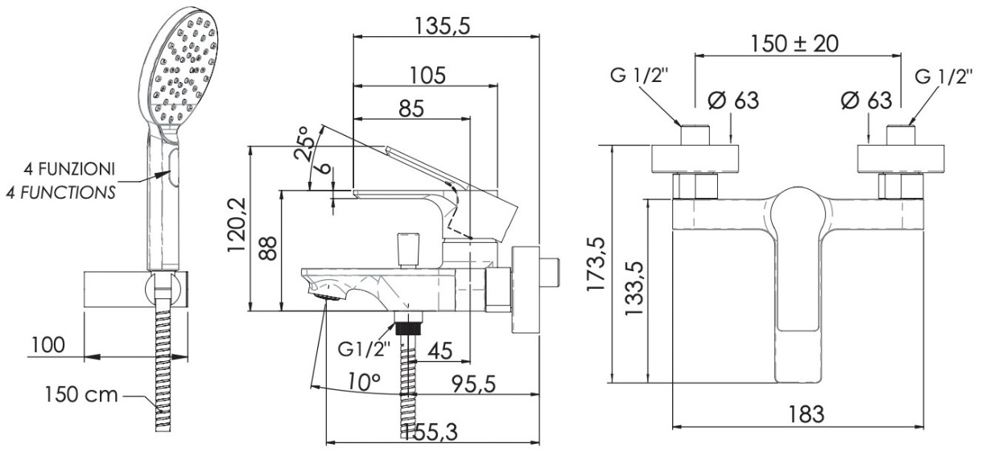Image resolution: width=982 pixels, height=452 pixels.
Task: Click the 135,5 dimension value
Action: [443, 27]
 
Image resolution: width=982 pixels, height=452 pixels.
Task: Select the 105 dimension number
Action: [427, 76]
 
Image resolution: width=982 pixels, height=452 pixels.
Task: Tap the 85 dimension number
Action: [411, 109]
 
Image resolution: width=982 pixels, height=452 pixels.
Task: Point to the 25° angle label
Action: [304, 143]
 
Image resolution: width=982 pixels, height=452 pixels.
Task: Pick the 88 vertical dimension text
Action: [267, 249]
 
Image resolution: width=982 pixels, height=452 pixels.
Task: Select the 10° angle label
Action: [365, 382]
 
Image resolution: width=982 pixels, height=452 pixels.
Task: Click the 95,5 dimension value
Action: [474, 384]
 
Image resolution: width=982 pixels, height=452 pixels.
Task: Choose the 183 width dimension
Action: [807, 414]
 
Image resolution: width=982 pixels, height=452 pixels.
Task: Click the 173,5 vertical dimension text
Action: [596, 264]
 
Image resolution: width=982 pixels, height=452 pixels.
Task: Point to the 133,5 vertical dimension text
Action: [633, 288]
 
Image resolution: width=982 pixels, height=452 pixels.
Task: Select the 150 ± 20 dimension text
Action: [794, 43]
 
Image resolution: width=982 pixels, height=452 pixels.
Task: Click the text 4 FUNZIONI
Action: [69, 169]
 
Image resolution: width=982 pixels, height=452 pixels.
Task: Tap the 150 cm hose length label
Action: [81, 395]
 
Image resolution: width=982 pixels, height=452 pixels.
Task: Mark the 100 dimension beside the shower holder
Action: [47, 345]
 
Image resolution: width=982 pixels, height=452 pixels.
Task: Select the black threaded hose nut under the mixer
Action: [409, 329]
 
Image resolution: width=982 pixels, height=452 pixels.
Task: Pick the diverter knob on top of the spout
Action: [408, 250]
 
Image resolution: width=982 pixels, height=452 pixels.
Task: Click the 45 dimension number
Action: [439, 351]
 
